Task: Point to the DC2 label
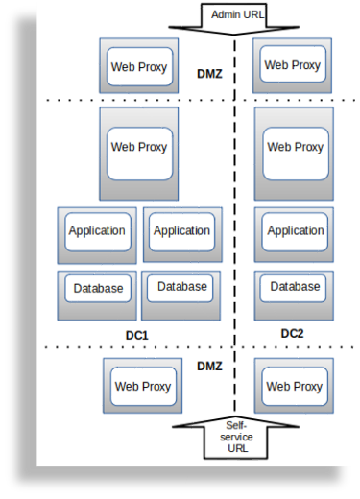(x=292, y=333)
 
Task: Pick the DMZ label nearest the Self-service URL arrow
(x=209, y=367)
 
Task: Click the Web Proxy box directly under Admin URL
(x=293, y=66)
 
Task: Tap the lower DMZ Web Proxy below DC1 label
(x=143, y=388)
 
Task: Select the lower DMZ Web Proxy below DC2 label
(x=294, y=388)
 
